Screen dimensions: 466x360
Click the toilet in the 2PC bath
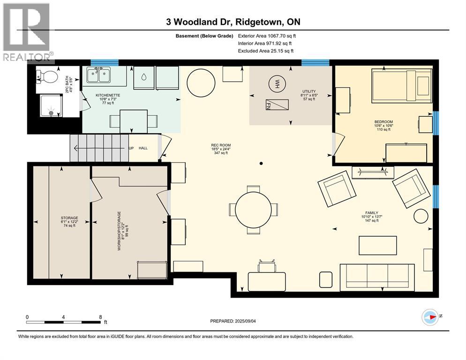coord(47,77)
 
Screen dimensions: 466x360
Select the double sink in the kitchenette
coord(98,75)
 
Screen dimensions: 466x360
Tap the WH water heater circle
coord(277,82)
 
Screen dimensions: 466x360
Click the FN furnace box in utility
coord(277,105)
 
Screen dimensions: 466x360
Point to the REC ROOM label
coord(221,145)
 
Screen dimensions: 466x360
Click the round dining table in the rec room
coord(253,210)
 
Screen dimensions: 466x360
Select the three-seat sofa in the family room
coord(377,277)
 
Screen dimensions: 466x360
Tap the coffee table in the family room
coord(378,246)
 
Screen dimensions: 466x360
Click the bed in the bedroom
coord(402,86)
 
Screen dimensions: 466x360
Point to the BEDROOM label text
coord(383,122)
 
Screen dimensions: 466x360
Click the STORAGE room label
coord(69,218)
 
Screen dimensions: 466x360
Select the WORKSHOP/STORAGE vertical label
coord(119,231)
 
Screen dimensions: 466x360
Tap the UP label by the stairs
coord(131,148)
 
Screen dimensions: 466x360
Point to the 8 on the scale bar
coord(100,317)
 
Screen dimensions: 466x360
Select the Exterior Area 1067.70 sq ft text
coord(267,36)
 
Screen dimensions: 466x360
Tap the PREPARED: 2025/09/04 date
coord(233,321)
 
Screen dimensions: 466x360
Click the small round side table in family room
coord(421,216)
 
